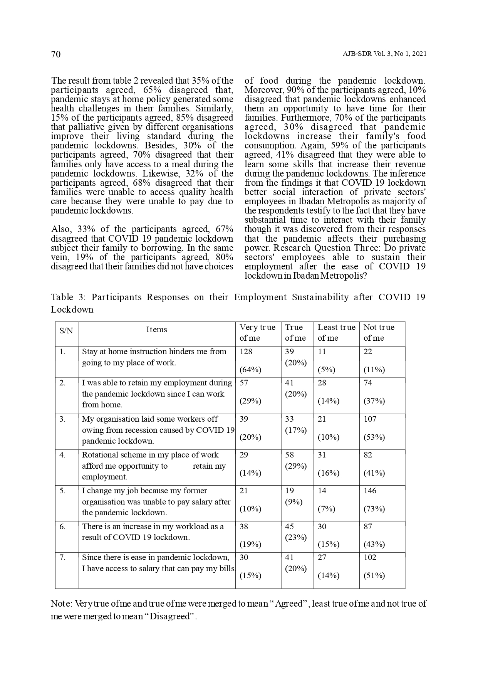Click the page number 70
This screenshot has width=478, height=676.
(x=56, y=54)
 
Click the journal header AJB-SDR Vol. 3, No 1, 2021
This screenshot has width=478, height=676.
(x=384, y=54)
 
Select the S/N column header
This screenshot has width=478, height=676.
(x=66, y=331)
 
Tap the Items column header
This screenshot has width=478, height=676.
(x=157, y=330)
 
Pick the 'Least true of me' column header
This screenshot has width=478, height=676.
(x=336, y=333)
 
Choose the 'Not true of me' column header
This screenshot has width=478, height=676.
(x=379, y=333)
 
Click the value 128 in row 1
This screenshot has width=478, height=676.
(x=246, y=351)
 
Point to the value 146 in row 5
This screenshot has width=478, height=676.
(x=370, y=491)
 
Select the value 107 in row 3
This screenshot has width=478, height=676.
(x=370, y=419)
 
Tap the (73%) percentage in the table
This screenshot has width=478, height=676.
(x=374, y=509)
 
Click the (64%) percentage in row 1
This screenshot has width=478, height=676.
(x=250, y=370)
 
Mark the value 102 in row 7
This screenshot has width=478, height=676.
(x=370, y=557)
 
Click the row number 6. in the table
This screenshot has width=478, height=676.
(x=63, y=526)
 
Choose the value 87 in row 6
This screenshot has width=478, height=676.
(x=368, y=526)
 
